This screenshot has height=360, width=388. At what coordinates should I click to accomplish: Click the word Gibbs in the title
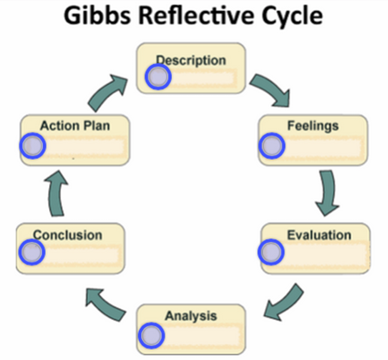[x=97, y=16]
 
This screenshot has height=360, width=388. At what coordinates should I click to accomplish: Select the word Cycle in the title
[x=292, y=17]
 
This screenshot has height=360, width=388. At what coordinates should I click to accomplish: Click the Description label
[x=191, y=60]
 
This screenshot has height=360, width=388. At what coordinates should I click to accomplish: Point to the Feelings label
[x=313, y=126]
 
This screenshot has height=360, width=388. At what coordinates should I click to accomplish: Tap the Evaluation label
[x=319, y=235]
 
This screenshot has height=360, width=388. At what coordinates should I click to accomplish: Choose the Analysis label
[x=191, y=316]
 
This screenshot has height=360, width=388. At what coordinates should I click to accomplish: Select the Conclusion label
[x=68, y=235]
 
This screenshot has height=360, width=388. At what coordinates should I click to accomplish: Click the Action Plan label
[x=75, y=126]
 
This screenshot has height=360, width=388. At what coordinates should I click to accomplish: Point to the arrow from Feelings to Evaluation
[x=328, y=192]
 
